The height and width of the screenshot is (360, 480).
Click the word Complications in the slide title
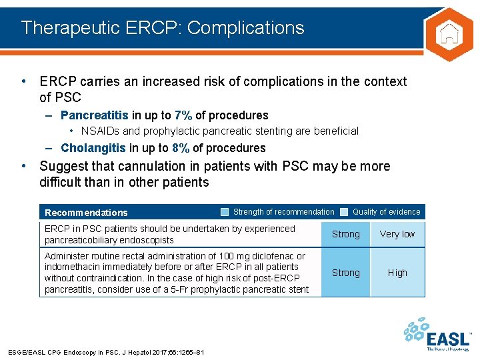pos(247,27)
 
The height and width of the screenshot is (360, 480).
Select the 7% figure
pos(183,115)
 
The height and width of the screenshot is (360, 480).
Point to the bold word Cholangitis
pos(93,148)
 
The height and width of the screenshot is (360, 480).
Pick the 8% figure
pos(181,148)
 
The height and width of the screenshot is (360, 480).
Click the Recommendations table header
pos(86,213)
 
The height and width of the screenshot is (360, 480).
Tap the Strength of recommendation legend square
pos(225,212)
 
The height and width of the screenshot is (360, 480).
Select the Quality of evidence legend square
pos(344,212)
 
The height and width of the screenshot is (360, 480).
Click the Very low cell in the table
pos(397,234)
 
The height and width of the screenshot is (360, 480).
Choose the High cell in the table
pos(397,273)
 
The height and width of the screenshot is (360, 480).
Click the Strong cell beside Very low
pos(345,234)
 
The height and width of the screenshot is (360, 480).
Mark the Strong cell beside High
pos(345,273)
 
